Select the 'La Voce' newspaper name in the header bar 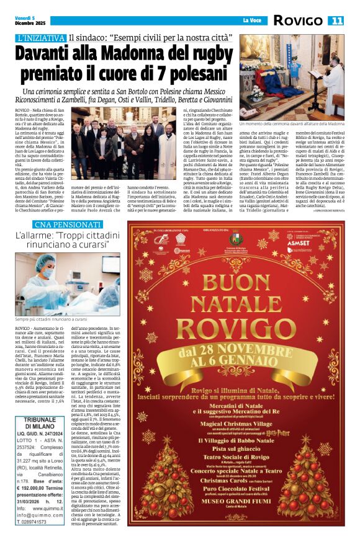(x=250, y=21)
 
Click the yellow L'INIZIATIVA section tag (x=40, y=38)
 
